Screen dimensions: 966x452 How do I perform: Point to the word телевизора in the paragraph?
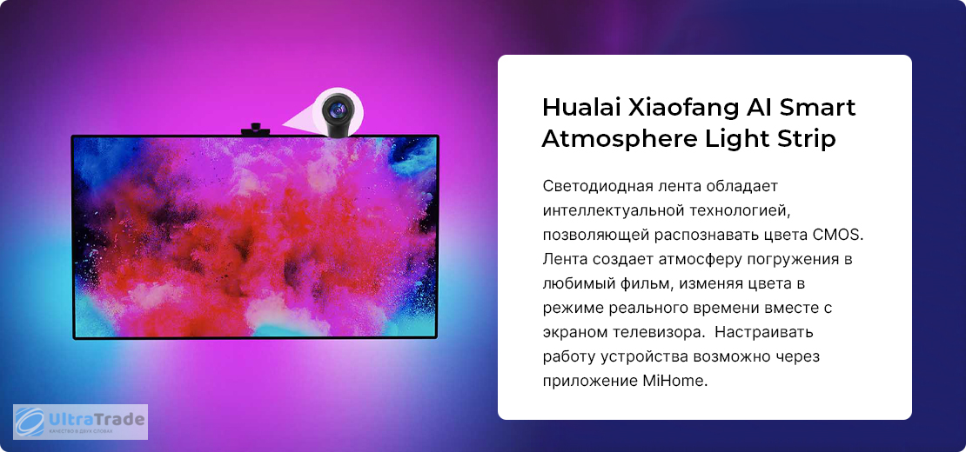pos(660,332)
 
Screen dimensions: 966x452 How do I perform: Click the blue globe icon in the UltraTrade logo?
pos(29,422)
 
